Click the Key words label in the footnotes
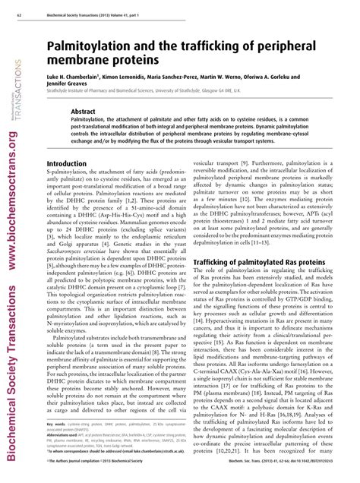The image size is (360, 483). pos(56,444)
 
